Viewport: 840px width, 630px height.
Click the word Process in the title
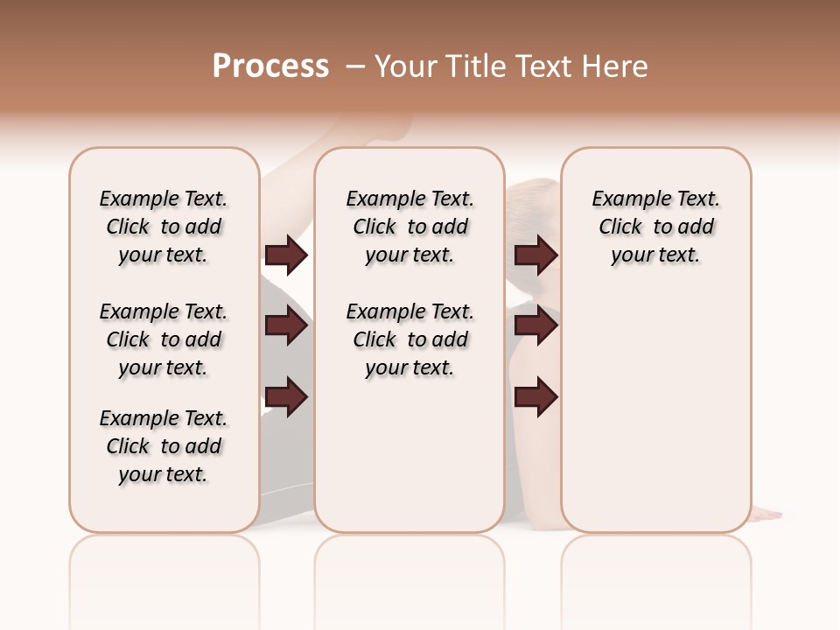(x=270, y=66)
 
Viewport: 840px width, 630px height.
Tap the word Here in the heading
(x=616, y=66)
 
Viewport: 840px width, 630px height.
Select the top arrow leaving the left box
(x=286, y=255)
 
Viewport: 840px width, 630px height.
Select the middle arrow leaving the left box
(x=286, y=326)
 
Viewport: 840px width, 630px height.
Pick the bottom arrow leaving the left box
(x=286, y=397)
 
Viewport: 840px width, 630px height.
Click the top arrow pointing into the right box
(x=535, y=255)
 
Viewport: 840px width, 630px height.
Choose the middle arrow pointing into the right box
(x=535, y=326)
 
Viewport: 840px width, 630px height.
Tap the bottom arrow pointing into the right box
(x=535, y=397)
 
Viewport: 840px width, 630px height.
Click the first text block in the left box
(x=164, y=227)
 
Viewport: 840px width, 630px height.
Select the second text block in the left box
(x=164, y=339)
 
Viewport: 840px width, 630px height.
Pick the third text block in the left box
(x=164, y=446)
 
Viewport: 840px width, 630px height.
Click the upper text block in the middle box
(x=409, y=227)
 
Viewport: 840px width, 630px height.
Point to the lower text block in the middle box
(x=409, y=339)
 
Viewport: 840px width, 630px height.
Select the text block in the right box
(x=655, y=227)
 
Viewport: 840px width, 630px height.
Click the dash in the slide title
(x=354, y=66)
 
